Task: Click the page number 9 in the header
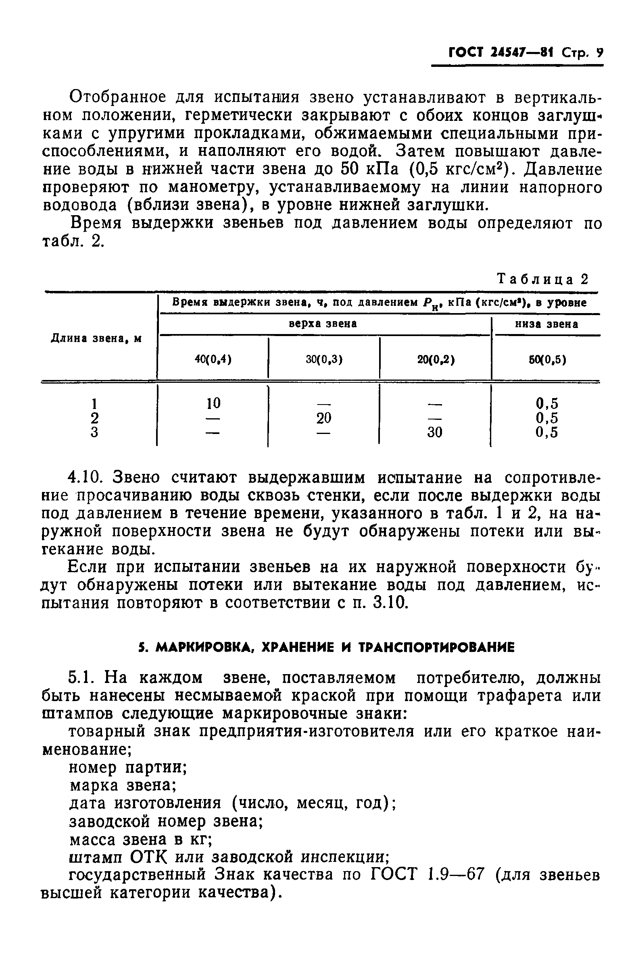pyautogui.click(x=599, y=53)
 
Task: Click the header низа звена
pyautogui.click(x=546, y=324)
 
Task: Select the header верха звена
pyautogui.click(x=323, y=324)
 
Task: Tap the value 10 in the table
pyautogui.click(x=213, y=403)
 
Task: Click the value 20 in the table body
pyautogui.click(x=323, y=418)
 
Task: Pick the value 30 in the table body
pyautogui.click(x=435, y=433)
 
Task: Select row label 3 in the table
pyautogui.click(x=94, y=433)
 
